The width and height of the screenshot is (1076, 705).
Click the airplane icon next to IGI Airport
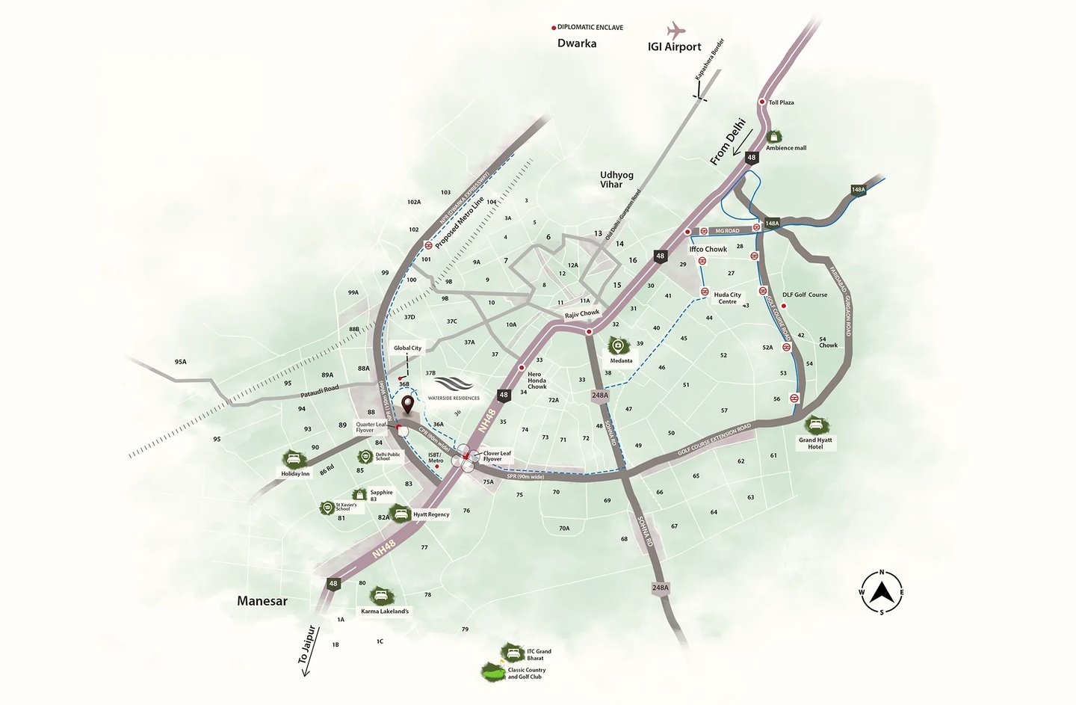[x=676, y=31]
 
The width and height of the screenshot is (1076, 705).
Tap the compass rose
[x=882, y=592]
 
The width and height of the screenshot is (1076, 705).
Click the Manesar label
[x=262, y=601]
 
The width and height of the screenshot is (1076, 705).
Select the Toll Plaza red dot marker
[x=762, y=102]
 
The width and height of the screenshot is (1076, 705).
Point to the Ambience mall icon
[x=774, y=137]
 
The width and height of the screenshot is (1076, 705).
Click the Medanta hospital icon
[x=619, y=345]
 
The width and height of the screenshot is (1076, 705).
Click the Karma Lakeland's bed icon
[x=381, y=596]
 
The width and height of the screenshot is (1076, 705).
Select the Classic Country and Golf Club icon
[x=492, y=672]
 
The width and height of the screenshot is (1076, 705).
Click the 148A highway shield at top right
[x=858, y=190]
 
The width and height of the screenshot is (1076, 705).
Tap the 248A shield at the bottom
[x=660, y=588]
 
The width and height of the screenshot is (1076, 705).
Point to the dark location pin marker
[x=407, y=405]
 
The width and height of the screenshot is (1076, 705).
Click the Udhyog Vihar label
[x=616, y=179]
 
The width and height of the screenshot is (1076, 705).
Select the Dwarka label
[x=577, y=43]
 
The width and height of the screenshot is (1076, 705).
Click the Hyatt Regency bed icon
[x=401, y=513]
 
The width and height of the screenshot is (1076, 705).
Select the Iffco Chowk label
[x=708, y=249]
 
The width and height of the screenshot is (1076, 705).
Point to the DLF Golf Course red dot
[x=783, y=305]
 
